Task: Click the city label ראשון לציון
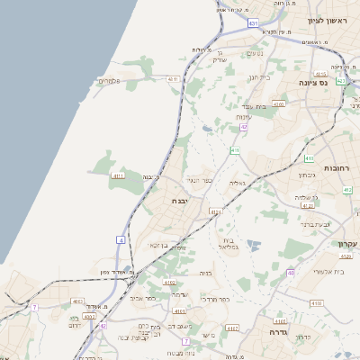click(x=327, y=21)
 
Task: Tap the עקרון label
click(x=347, y=244)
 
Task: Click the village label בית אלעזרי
click(x=328, y=271)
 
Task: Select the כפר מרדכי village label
click(x=216, y=299)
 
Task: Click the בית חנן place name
click(x=259, y=77)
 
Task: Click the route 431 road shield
click(x=253, y=22)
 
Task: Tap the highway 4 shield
click(x=120, y=239)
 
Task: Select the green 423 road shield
click(x=341, y=81)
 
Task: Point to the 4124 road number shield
click(x=214, y=211)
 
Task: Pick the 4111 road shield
click(x=119, y=176)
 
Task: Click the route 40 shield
click(x=291, y=273)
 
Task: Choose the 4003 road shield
click(x=78, y=302)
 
